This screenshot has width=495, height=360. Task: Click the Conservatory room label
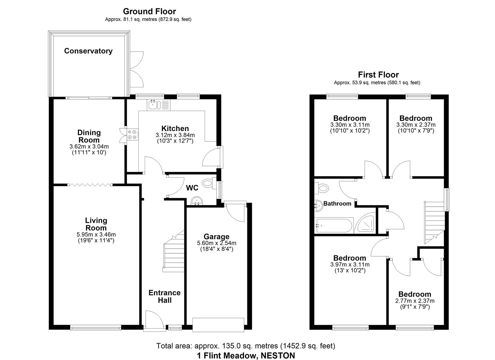tap(88, 51)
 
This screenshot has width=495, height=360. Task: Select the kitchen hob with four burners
tap(132, 134)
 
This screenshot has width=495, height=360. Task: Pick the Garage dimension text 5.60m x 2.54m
tap(217, 243)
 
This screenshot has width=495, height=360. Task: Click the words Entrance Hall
tap(164, 296)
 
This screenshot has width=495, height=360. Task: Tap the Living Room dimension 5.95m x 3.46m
tap(96, 234)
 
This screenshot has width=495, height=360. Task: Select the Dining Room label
tap(89, 136)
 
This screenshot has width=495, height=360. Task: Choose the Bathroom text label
tap(337, 203)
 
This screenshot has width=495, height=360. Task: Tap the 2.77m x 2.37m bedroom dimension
tap(415, 301)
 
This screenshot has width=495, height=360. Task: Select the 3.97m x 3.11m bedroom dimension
tap(350, 265)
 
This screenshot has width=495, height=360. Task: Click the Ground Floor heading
tap(149, 12)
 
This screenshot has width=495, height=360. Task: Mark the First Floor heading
tap(378, 75)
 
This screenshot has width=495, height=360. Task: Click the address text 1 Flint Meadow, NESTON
tap(246, 355)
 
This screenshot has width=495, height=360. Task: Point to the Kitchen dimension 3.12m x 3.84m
tap(175, 135)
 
